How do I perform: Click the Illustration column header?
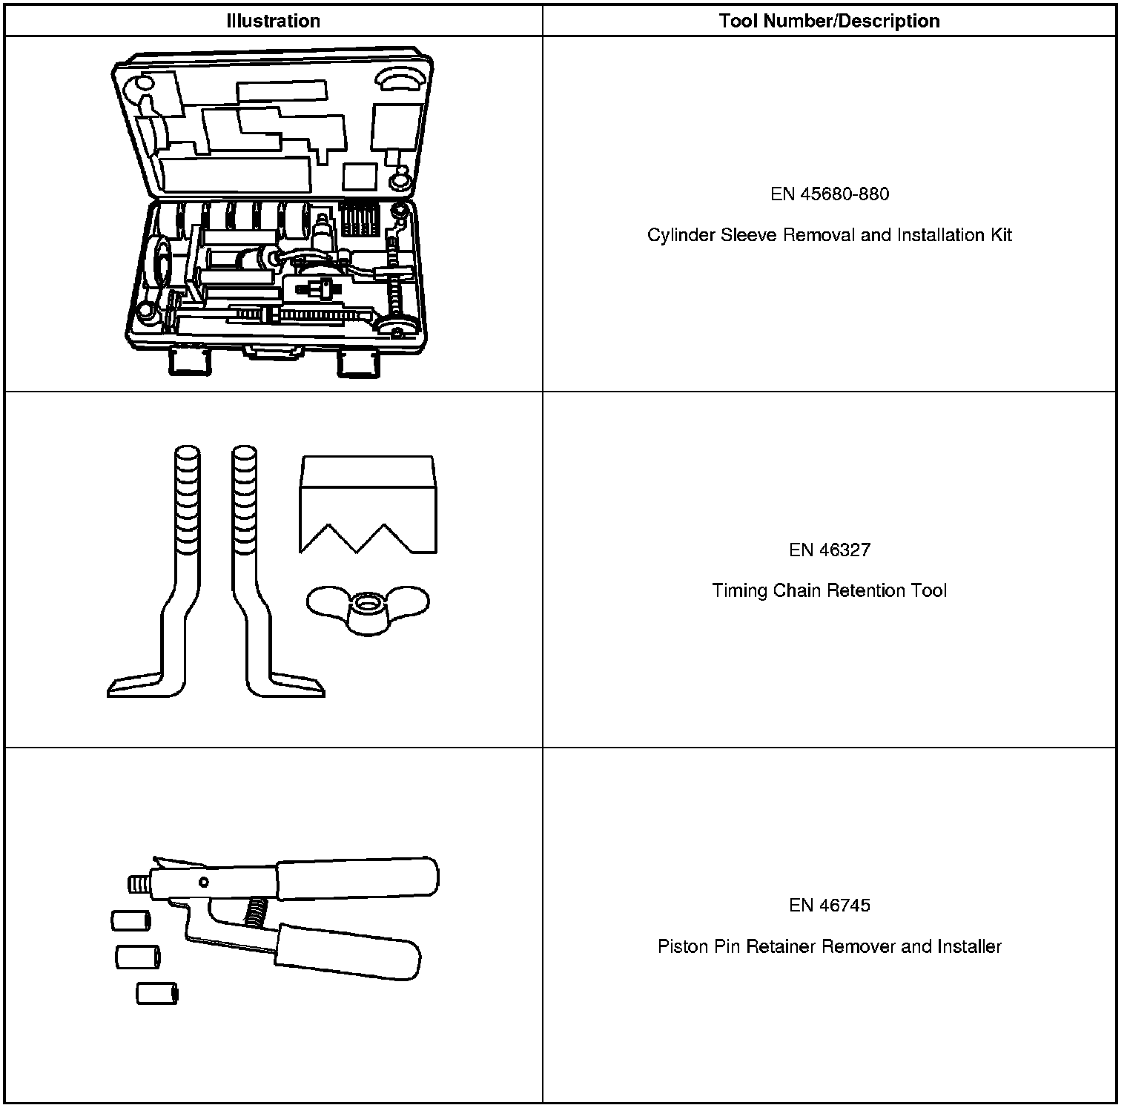point(273,21)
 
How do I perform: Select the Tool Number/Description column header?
point(829,21)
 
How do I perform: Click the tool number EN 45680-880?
point(829,194)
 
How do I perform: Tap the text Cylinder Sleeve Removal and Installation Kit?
point(829,235)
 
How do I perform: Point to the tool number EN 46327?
point(829,550)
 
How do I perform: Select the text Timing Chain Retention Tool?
point(829,591)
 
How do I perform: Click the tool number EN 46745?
point(829,906)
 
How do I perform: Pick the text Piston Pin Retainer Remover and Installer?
point(829,947)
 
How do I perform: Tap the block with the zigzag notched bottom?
point(368,497)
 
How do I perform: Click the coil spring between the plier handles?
point(257,910)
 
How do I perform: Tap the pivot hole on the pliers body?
point(203,883)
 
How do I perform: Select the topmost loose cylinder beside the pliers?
point(130,921)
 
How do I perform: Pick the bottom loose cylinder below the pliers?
point(157,993)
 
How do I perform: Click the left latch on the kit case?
point(188,361)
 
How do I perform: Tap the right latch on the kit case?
point(358,363)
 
